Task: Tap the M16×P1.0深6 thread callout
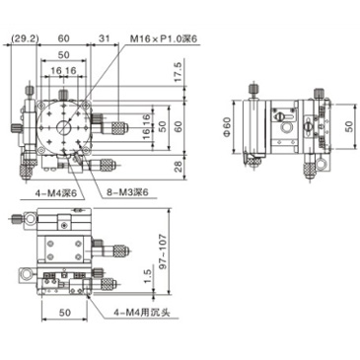pos(164,39)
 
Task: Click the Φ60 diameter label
pos(226,127)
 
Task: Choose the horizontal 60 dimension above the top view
pos(64,39)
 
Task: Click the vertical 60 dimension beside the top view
pos(179,125)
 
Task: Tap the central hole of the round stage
pos(64,127)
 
